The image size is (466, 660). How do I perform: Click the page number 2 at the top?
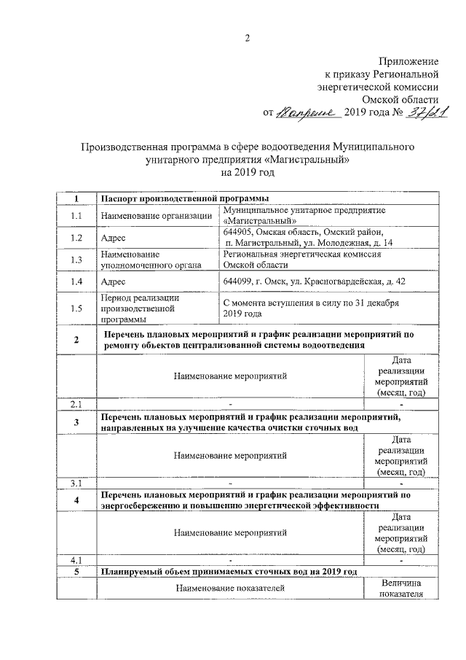point(247,38)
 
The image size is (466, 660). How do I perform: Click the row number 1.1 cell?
point(76,216)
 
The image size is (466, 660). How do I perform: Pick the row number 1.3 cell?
point(76,260)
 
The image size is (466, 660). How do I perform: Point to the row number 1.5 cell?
point(76,308)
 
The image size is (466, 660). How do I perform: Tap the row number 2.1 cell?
point(76,403)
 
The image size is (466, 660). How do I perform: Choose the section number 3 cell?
point(76,422)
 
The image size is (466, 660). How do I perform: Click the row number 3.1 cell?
point(76,483)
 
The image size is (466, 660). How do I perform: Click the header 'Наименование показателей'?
point(229,588)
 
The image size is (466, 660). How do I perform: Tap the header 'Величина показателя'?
point(400,589)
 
